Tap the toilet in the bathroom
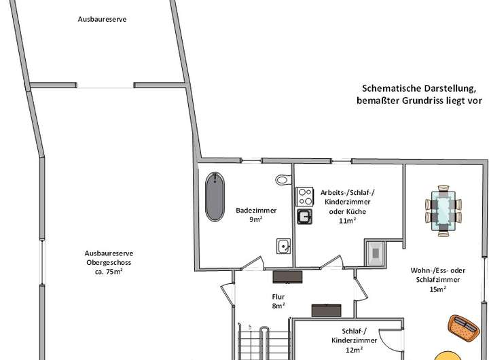[x=283, y=181]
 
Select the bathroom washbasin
[x=283, y=245]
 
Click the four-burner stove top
[x=304, y=196]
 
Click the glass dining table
[x=446, y=210]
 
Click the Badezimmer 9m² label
[x=245, y=215]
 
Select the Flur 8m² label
[x=278, y=301]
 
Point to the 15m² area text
[x=437, y=289]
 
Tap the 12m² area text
[x=353, y=350]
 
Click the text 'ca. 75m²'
[x=104, y=272]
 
